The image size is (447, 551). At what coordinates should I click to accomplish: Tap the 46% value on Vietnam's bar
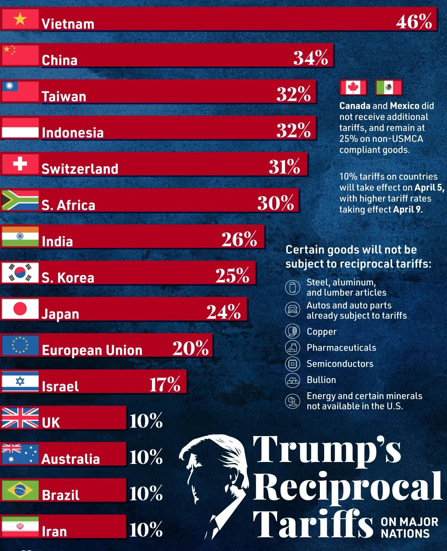point(414,22)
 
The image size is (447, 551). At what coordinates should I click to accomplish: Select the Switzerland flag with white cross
point(20,164)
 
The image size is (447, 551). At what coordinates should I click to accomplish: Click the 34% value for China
point(310,58)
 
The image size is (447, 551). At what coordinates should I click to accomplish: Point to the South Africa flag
point(20,200)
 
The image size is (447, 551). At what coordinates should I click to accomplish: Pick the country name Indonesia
point(73,133)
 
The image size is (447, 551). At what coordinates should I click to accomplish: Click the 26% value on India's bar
point(239,239)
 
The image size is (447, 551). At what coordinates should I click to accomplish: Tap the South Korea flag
point(20,273)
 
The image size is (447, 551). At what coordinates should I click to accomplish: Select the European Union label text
point(92,350)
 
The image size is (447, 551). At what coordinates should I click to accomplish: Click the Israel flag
point(20,381)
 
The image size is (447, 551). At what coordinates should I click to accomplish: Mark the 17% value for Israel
point(165,384)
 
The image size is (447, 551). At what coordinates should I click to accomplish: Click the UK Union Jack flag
point(20,418)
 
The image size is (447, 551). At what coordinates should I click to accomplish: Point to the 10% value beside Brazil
point(146,493)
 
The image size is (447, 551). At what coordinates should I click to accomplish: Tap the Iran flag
point(20,526)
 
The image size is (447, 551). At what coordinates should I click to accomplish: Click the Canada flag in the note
point(353,87)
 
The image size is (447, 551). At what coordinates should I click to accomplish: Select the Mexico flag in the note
point(388,87)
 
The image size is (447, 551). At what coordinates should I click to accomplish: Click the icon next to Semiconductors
point(292,364)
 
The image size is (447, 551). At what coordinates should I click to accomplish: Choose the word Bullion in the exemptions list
point(321,380)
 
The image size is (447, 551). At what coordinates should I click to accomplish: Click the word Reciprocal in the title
point(347,487)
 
